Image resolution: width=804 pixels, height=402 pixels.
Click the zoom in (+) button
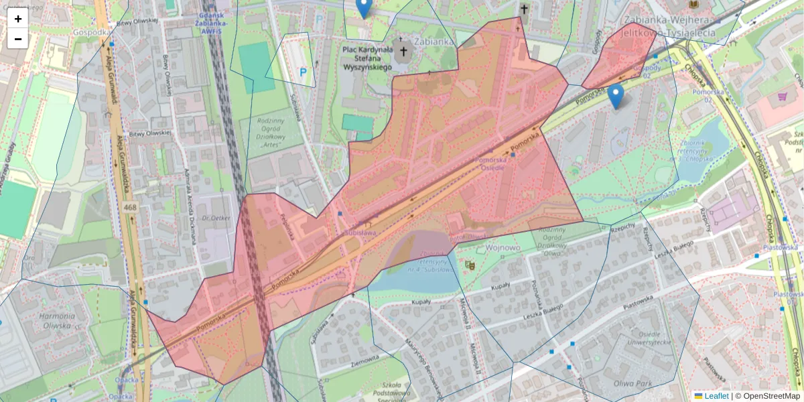click(18, 19)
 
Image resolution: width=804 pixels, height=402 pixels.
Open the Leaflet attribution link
click(716, 396)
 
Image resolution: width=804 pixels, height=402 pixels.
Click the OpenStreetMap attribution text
click(770, 396)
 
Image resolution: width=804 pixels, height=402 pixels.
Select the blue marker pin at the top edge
click(363, 7)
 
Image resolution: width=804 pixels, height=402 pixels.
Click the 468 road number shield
click(130, 208)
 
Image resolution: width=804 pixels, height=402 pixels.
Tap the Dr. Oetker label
click(216, 218)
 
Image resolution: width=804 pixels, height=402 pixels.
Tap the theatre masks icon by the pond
click(470, 265)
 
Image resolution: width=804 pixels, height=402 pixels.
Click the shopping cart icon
click(781, 96)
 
